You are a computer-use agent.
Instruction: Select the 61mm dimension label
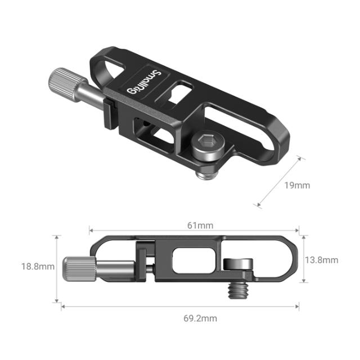coord(201,225)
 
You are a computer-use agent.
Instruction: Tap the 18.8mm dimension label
coord(38,266)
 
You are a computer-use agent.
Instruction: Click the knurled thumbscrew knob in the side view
coord(75,270)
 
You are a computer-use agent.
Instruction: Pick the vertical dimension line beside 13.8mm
coord(303,259)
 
